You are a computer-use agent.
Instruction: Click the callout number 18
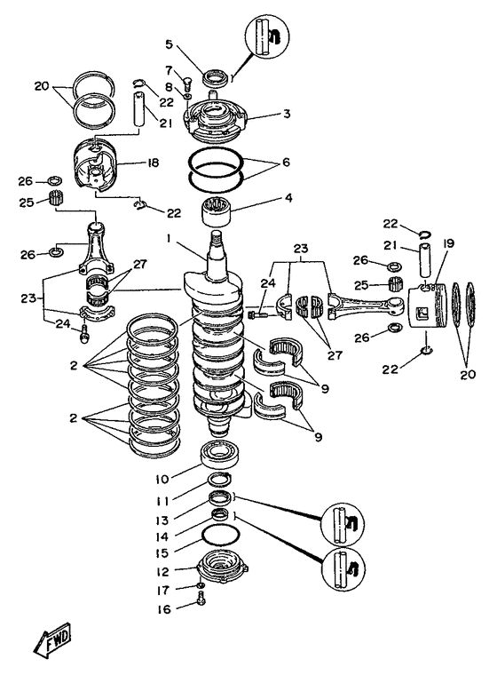153,163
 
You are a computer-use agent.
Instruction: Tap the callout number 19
448,243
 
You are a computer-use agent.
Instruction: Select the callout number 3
287,114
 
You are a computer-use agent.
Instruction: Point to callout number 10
163,478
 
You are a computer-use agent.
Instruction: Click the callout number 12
163,572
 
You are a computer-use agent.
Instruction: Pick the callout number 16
164,609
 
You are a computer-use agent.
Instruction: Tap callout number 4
288,197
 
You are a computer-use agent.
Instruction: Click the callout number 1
170,239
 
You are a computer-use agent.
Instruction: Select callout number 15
162,553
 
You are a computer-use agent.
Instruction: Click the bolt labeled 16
201,599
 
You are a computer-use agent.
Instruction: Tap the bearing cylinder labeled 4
217,213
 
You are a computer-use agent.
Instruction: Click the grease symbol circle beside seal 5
265,35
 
